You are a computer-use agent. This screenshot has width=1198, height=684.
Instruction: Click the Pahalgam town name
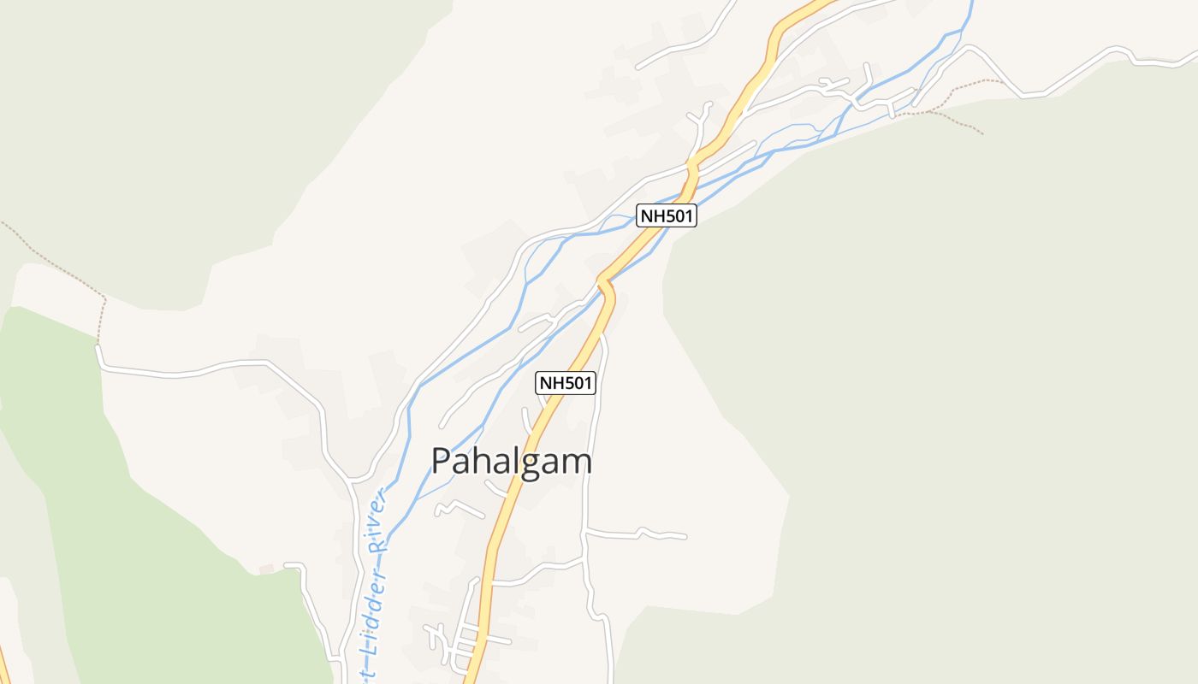(512, 462)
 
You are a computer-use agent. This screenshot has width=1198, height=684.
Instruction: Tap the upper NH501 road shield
(667, 215)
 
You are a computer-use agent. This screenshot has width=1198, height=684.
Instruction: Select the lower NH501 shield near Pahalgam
(566, 383)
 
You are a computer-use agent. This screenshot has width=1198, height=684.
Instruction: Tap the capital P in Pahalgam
(442, 462)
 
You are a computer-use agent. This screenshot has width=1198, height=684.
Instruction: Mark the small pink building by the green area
(266, 569)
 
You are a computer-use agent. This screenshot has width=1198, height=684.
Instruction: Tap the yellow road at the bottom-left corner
(4, 667)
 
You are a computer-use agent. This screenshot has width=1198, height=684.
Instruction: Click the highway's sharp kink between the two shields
(606, 284)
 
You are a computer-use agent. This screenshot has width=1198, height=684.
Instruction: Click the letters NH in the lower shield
(551, 383)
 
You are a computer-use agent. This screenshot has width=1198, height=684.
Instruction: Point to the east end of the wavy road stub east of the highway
(684, 537)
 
